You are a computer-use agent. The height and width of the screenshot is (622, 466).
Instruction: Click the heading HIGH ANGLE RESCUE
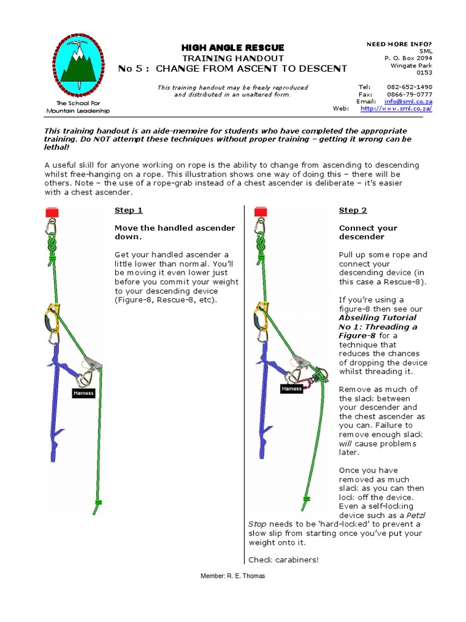pos(232,47)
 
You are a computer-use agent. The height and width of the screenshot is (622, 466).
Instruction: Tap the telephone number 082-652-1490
pos(410,87)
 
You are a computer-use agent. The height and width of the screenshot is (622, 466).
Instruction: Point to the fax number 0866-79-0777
pos(410,94)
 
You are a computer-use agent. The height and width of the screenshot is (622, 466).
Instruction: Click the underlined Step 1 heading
pos(129,210)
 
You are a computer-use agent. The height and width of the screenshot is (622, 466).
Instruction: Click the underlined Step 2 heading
pos(353,210)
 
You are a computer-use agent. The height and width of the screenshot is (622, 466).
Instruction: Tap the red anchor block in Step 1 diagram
pos(52,212)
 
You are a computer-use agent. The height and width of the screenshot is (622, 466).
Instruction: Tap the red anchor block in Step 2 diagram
pos(260,212)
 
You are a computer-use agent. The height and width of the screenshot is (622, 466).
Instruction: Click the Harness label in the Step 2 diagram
pos(291,388)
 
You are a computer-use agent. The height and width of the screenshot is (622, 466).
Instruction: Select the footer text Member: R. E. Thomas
pos(232,576)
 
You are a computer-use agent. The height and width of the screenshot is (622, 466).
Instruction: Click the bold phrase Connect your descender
pos(368,233)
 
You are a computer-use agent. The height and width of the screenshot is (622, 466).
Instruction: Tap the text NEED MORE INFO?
pos(399,44)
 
